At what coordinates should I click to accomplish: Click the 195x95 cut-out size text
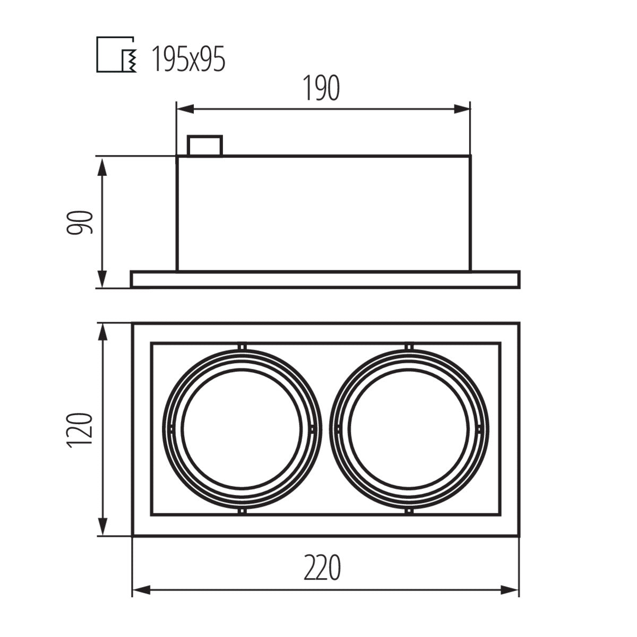point(188,59)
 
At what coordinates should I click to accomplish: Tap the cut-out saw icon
point(117,54)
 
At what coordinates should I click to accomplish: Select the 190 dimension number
point(322,88)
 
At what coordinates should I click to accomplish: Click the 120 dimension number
point(80,431)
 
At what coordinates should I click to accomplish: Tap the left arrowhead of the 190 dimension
point(185,109)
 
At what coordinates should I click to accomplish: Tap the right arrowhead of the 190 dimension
point(462,109)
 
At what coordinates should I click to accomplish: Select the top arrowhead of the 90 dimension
point(103,167)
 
